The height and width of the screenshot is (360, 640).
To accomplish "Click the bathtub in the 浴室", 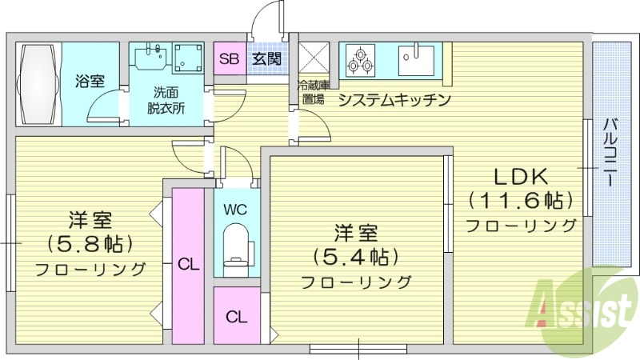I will (38, 82).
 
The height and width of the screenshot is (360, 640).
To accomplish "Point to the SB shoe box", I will (229, 58).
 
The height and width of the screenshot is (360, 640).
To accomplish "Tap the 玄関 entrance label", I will (266, 58).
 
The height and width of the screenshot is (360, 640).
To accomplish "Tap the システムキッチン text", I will (395, 100).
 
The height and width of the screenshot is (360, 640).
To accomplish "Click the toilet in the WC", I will (236, 244).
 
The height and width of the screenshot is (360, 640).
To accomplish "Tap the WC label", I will (235, 211).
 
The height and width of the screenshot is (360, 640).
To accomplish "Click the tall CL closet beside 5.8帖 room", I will (188, 262).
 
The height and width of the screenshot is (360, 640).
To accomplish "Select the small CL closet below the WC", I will (235, 316).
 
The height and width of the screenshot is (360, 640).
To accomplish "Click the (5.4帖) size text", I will (356, 257).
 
